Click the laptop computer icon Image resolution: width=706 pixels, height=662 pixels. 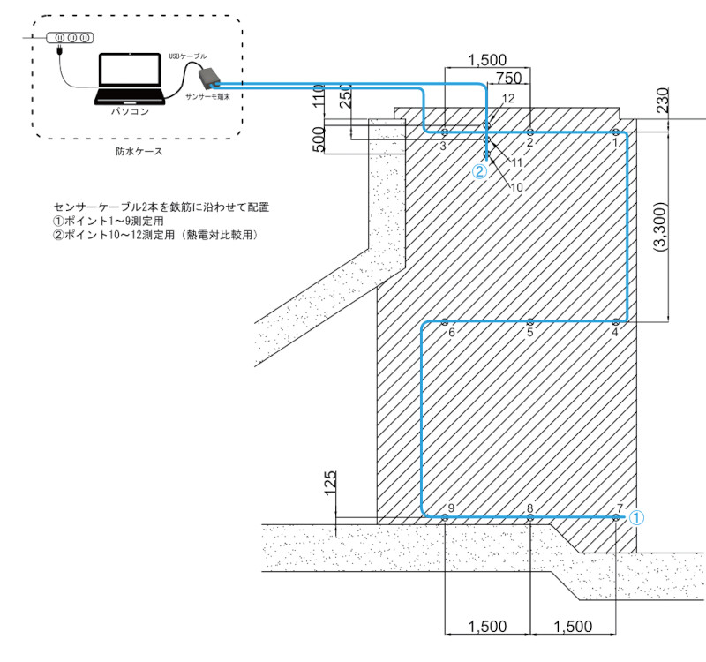[x=129, y=79]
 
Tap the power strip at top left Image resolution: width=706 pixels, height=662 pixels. [x=70, y=38]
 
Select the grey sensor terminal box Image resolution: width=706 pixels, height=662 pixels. [x=208, y=77]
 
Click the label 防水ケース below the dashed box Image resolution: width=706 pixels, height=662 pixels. [x=139, y=151]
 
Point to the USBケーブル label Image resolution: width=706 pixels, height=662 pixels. [x=188, y=56]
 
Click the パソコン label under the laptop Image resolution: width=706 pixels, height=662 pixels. [x=130, y=111]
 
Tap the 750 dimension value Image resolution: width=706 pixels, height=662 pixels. [x=509, y=78]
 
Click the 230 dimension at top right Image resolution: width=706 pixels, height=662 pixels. [x=663, y=100]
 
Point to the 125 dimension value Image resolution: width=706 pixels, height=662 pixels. [x=330, y=483]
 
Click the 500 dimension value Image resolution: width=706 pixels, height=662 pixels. [x=319, y=139]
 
